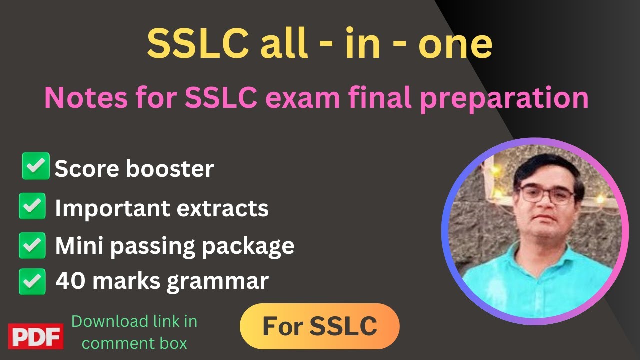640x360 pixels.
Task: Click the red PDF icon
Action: click(35, 336)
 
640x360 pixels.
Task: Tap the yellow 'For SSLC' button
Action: click(320, 326)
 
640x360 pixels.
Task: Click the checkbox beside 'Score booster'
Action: click(36, 166)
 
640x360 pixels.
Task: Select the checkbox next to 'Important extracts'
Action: click(32, 206)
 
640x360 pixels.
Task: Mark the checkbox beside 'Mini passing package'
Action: click(32, 245)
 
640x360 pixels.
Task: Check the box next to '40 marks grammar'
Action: click(32, 281)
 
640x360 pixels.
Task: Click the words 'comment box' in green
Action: click(134, 343)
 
